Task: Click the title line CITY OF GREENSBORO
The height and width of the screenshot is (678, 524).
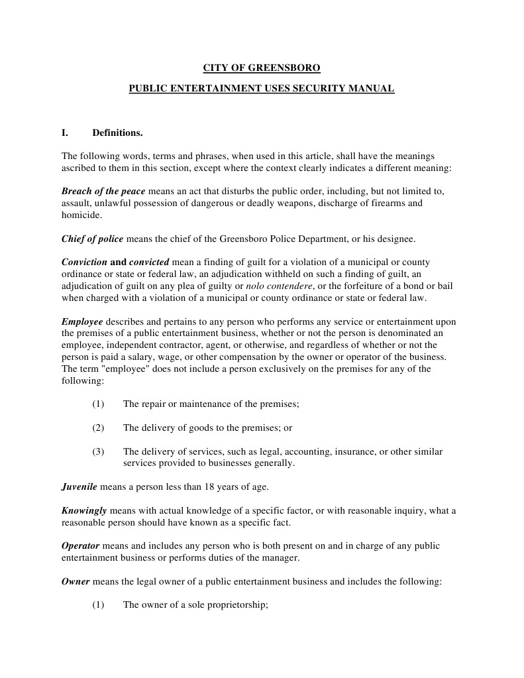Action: pyautogui.click(x=261, y=68)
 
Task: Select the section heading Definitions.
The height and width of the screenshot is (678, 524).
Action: pyautogui.click(x=117, y=133)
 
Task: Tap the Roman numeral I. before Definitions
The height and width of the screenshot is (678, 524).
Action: pyautogui.click(x=65, y=133)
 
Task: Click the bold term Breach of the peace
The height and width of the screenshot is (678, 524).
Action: pyautogui.click(x=103, y=191)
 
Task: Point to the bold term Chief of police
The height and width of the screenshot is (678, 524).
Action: pyautogui.click(x=92, y=239)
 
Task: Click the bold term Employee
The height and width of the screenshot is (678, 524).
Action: pyautogui.click(x=82, y=322)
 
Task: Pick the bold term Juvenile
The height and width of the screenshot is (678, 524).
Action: pyautogui.click(x=79, y=487)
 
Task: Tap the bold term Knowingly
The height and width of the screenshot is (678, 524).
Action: pyautogui.click(x=84, y=511)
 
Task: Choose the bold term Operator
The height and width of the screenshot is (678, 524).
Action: pyautogui.click(x=80, y=546)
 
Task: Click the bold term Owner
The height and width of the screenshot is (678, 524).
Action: pyautogui.click(x=76, y=582)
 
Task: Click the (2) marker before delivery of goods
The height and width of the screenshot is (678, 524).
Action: pyautogui.click(x=99, y=428)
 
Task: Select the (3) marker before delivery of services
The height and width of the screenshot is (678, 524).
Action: pyautogui.click(x=99, y=452)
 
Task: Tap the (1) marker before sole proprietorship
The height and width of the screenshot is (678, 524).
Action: pyautogui.click(x=99, y=606)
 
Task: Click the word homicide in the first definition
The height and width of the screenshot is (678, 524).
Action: pyautogui.click(x=81, y=215)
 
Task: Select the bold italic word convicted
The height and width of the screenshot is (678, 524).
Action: pyautogui.click(x=149, y=262)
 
